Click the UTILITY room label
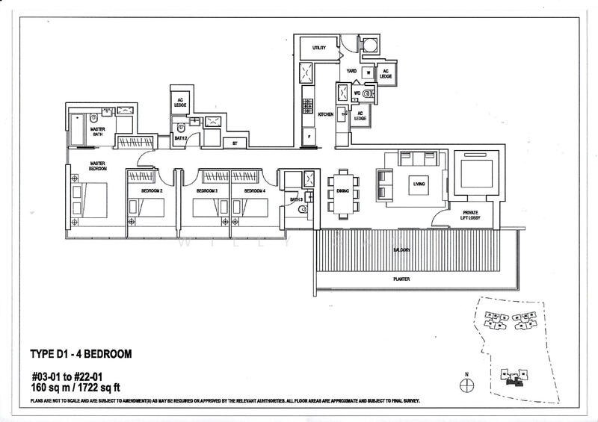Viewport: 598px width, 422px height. tap(319, 48)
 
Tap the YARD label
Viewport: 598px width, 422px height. tap(351, 72)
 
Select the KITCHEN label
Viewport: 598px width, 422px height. tap(325, 114)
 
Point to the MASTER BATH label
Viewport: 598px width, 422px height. tap(97, 131)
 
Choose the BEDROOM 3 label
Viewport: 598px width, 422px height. tap(206, 191)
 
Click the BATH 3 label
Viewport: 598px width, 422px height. tap(295, 199)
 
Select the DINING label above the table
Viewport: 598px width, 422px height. tap(343, 191)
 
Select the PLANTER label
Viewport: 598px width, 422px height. tap(403, 279)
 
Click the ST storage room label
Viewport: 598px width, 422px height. tap(234, 142)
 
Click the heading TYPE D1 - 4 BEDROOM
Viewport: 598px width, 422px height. tap(81, 354)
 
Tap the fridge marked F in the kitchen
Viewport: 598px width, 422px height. tap(307, 137)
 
